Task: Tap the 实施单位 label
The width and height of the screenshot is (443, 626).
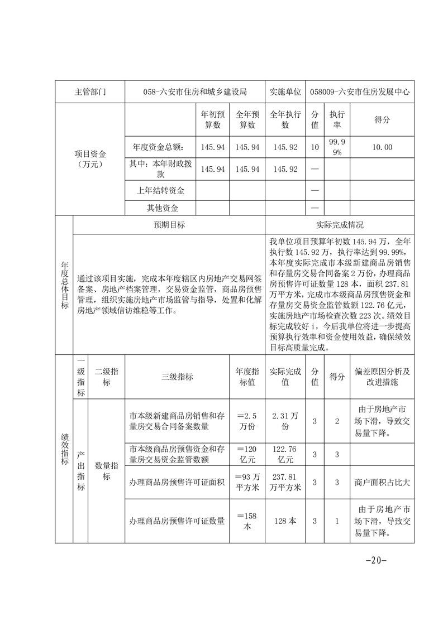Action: click(x=285, y=92)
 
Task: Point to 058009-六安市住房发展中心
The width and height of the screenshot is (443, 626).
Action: click(x=360, y=92)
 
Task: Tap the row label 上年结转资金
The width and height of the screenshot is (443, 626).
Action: click(x=161, y=191)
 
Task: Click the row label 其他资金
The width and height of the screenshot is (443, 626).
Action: click(x=161, y=208)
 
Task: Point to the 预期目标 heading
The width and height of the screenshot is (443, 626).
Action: click(x=169, y=225)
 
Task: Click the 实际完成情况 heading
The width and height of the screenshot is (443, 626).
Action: click(x=340, y=225)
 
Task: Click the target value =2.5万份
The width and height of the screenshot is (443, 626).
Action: click(x=246, y=421)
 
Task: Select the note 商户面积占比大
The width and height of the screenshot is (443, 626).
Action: click(x=382, y=482)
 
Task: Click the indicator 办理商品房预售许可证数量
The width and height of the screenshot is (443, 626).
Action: click(x=177, y=521)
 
